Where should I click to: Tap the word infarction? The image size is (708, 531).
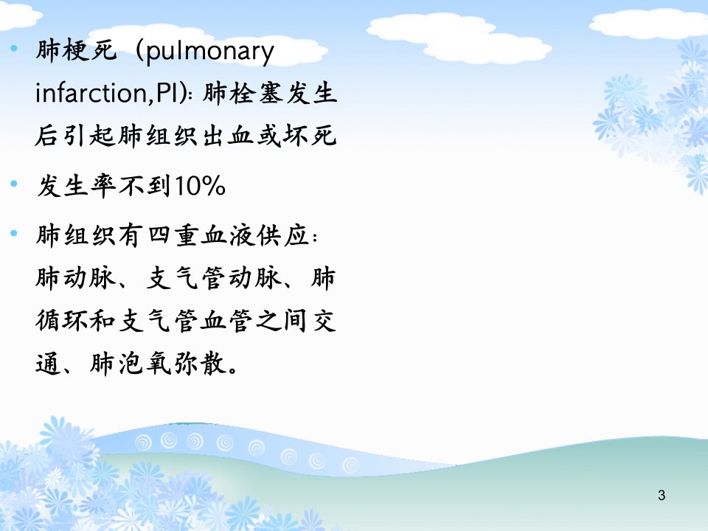91,94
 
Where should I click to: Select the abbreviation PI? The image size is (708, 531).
168,94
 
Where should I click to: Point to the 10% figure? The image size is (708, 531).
200,186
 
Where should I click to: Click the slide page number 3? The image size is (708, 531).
662,496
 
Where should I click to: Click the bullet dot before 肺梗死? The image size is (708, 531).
15,48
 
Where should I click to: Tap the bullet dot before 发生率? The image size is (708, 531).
15,184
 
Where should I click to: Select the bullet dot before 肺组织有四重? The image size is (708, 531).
15,233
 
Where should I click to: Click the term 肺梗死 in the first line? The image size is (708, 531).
76,50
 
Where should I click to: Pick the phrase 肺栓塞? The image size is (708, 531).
243,94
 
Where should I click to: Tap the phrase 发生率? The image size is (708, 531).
76,186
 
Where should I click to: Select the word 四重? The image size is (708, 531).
173,235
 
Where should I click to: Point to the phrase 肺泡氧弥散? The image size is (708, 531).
158,364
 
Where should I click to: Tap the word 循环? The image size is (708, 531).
62,321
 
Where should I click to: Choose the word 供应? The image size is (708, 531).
283,235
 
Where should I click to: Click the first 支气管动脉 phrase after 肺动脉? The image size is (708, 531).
214,278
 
